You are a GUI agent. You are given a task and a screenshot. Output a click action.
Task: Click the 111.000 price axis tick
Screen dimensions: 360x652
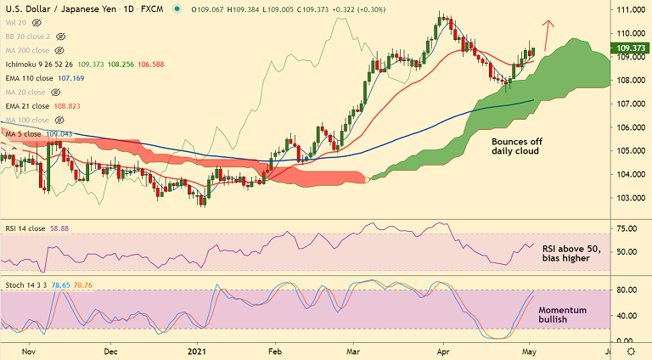point(628,10)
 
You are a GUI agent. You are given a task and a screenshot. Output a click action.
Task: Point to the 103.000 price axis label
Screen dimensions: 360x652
point(628,198)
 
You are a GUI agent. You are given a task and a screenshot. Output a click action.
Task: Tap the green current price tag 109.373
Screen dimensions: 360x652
point(629,48)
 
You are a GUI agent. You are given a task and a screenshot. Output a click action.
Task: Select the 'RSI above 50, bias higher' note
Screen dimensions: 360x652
point(570,253)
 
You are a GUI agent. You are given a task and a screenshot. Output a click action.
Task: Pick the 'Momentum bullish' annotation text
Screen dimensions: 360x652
point(562,316)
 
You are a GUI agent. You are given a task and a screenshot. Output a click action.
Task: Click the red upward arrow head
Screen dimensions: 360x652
point(548,22)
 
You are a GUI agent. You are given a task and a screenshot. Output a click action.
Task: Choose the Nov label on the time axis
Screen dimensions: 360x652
point(29,350)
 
